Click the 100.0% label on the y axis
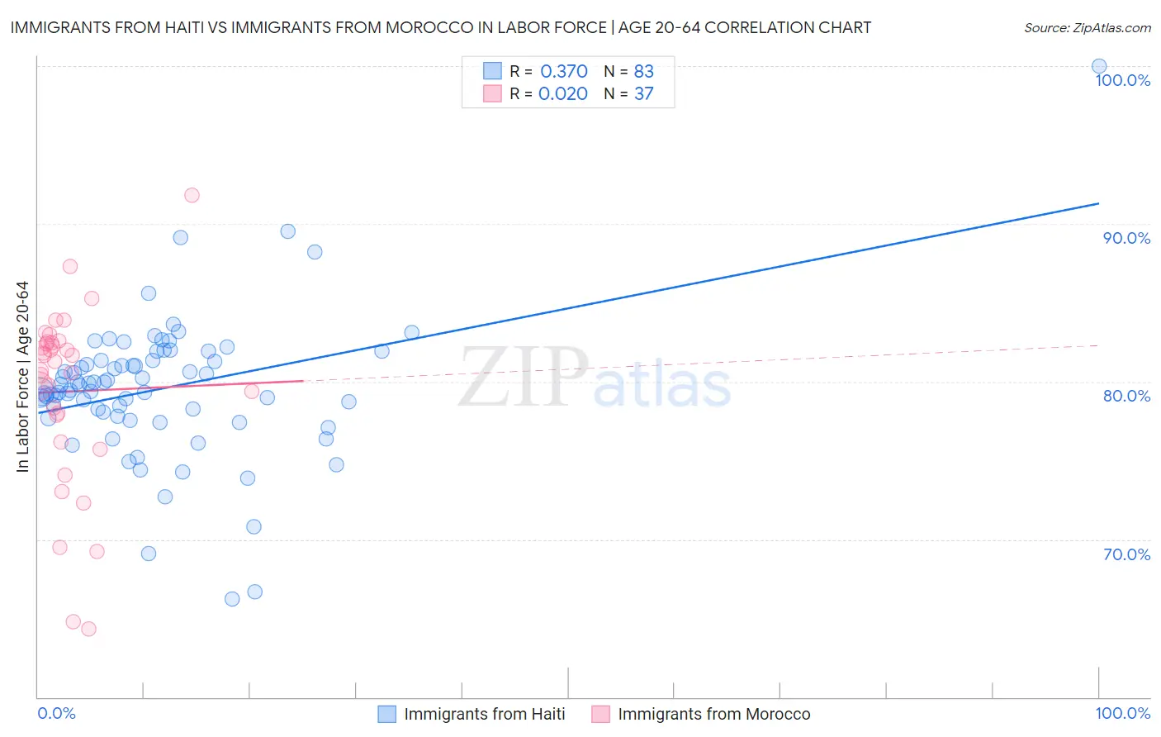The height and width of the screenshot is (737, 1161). click(1122, 80)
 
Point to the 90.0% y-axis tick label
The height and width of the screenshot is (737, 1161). click(1126, 238)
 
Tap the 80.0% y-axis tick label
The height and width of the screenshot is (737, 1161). click(1126, 396)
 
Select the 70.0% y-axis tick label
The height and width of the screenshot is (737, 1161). click(1126, 554)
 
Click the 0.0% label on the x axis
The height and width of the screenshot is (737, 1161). click(56, 713)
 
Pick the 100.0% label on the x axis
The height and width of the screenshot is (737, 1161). click(1122, 713)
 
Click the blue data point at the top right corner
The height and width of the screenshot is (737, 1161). click(1099, 66)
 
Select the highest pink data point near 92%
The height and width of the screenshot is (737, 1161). click(192, 195)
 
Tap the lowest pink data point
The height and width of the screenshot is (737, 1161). click(88, 629)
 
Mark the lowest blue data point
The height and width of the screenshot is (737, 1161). click(232, 599)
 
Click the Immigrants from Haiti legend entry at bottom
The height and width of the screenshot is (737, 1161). click(484, 714)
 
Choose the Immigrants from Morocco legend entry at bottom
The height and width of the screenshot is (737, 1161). click(713, 714)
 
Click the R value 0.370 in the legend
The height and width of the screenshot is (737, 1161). click(563, 72)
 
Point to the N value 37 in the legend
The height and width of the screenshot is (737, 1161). click(643, 94)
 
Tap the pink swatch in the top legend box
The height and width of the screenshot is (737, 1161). click(492, 93)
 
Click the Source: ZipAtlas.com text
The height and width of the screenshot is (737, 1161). click(1087, 28)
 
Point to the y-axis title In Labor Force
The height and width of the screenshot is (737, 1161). click(22, 377)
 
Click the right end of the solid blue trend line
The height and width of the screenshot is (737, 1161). click(1099, 202)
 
